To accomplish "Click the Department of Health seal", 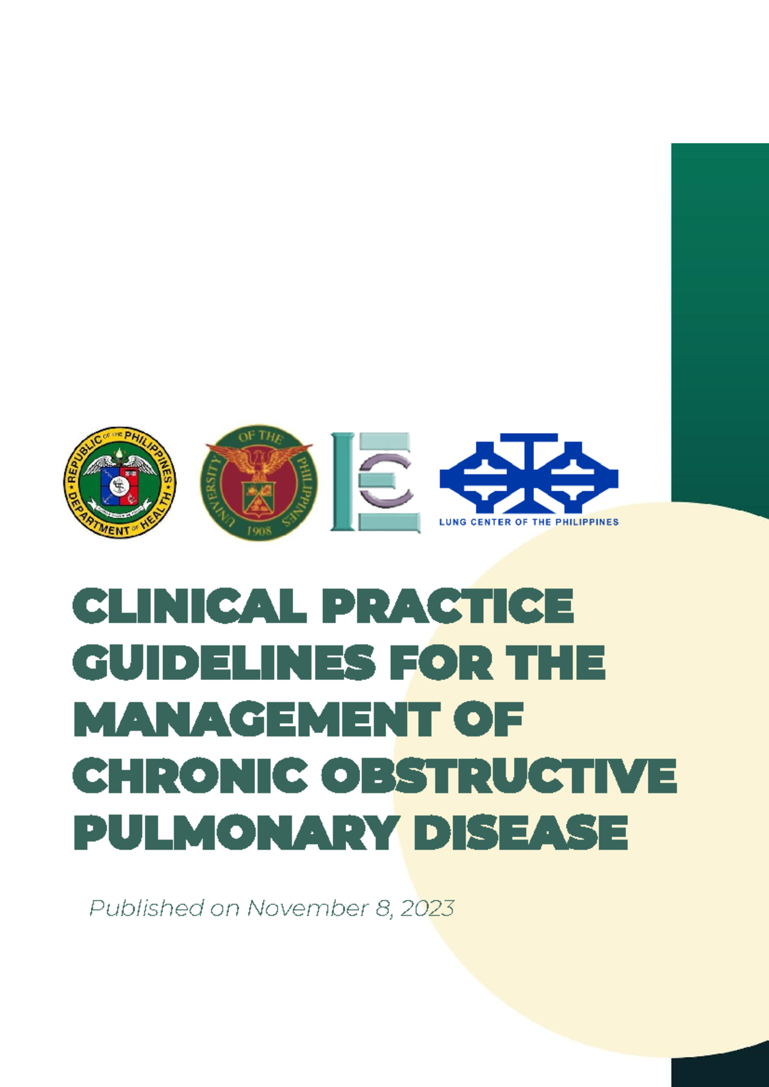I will [120, 483].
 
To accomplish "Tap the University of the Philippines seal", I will [259, 483].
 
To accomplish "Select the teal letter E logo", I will [376, 482].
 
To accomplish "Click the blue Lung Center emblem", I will [529, 473].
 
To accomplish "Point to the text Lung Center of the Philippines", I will [529, 522].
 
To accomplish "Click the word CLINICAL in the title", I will [189, 606].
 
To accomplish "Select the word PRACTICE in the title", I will [447, 606].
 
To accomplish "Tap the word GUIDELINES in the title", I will [224, 663].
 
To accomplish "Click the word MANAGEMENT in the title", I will [257, 719].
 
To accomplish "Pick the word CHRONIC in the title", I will [190, 776].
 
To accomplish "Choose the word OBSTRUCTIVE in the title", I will [499, 776].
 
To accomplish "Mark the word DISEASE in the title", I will [520, 833].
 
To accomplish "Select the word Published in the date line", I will [146, 908].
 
